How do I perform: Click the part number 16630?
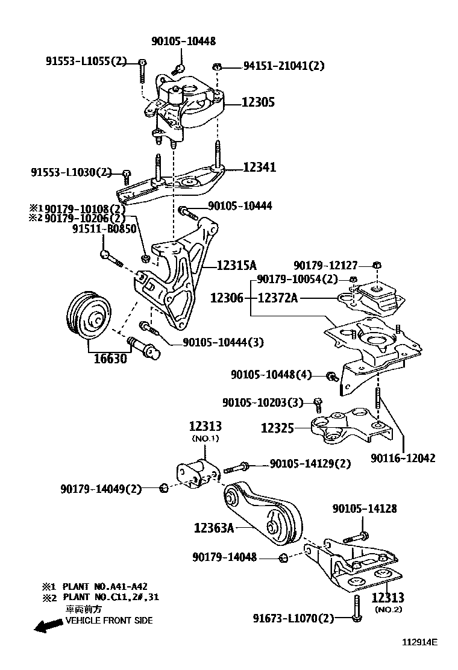tap(110, 358)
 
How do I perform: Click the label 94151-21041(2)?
tap(283, 66)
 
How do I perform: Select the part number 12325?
tap(277, 428)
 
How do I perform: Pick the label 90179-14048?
tap(225, 558)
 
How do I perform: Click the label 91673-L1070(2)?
tap(293, 618)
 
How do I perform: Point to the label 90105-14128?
tap(364, 509)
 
